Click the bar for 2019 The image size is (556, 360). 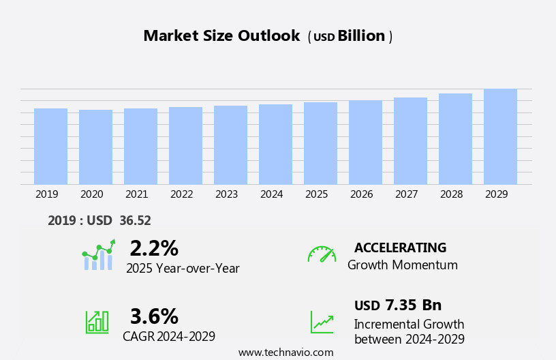coord(50,146)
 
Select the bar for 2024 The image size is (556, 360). coord(275,144)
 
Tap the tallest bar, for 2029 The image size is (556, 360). coord(500,136)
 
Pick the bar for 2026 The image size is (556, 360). coord(365,142)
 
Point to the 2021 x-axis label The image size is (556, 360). coord(136,194)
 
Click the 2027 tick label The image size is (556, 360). coord(406,194)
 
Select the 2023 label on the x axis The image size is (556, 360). coord(226,194)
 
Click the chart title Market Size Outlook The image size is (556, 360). coord(221,36)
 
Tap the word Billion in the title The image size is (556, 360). coord(361,36)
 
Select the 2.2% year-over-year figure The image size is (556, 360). coord(154,248)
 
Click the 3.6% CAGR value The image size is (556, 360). coord(154,316)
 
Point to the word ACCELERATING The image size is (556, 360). coord(400,247)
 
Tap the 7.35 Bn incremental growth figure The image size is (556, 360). coord(413,305)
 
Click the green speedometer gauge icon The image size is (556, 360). coord(322,254)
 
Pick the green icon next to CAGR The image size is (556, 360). coord(97,321)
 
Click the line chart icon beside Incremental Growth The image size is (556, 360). coord(322,322)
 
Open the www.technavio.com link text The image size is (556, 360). coord(285,352)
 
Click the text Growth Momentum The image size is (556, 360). coord(402,265)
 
